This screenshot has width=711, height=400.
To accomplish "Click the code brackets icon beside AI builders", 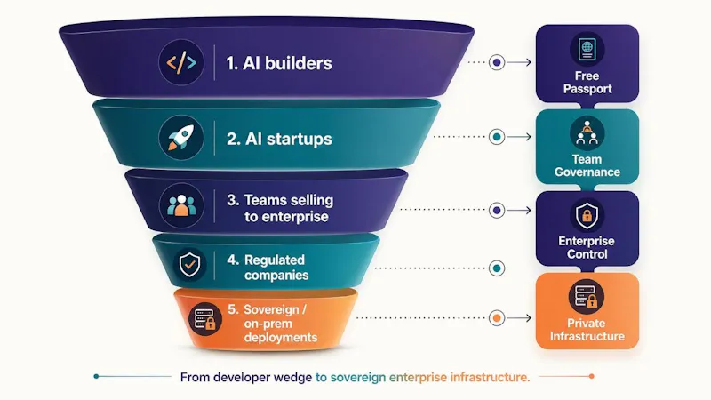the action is tap(181, 62).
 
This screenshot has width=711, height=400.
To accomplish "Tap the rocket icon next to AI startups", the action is tap(181, 138).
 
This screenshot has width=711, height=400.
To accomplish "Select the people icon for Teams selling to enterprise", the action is tap(181, 205).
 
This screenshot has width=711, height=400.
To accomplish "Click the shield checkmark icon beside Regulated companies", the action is tap(189, 264).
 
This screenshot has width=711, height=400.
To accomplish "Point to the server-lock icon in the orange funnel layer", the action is tap(205, 319).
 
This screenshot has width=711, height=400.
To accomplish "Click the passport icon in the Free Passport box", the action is tap(587, 49).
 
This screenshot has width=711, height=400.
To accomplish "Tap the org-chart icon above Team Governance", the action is tap(587, 132).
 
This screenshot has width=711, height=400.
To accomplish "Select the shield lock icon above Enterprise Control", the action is tap(587, 215).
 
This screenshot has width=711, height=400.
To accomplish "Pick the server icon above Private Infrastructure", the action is tap(586, 297).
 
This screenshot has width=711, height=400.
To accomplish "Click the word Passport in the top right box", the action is tap(587, 89).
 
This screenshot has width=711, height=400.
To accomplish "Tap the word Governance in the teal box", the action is tap(587, 172).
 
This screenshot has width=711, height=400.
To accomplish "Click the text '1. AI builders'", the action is tap(279, 63).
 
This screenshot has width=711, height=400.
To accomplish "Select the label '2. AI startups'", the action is tap(279, 139).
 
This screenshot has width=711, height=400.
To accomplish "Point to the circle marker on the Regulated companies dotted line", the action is tap(497, 268).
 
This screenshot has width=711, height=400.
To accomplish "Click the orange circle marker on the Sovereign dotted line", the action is tap(497, 318).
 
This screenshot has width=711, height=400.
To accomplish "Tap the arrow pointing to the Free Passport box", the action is tap(519, 62).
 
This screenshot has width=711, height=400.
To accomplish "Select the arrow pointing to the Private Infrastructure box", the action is tap(519, 318).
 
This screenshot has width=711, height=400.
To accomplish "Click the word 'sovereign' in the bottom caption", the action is tap(358, 377).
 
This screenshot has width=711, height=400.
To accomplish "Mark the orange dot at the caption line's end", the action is tap(591, 376).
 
